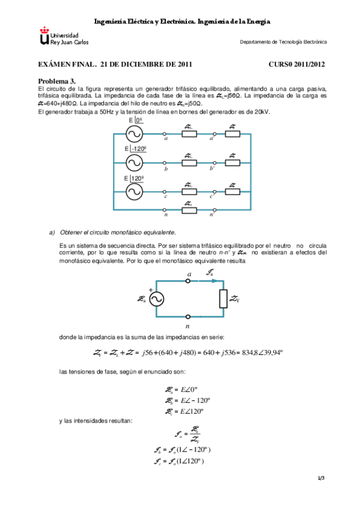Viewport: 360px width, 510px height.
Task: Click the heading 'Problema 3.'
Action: tap(58, 81)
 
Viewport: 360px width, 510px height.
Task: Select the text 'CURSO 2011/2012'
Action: tap(297, 64)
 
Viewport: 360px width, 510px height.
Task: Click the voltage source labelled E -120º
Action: tap(134, 162)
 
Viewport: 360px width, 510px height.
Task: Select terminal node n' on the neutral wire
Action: tap(212, 209)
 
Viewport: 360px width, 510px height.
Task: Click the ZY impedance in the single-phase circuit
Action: tap(224, 299)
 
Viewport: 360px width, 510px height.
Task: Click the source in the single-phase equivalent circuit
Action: tap(156, 299)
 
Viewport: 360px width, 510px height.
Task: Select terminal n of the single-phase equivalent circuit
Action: tap(188, 317)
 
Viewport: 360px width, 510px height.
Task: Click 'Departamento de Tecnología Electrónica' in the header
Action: tap(283, 42)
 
